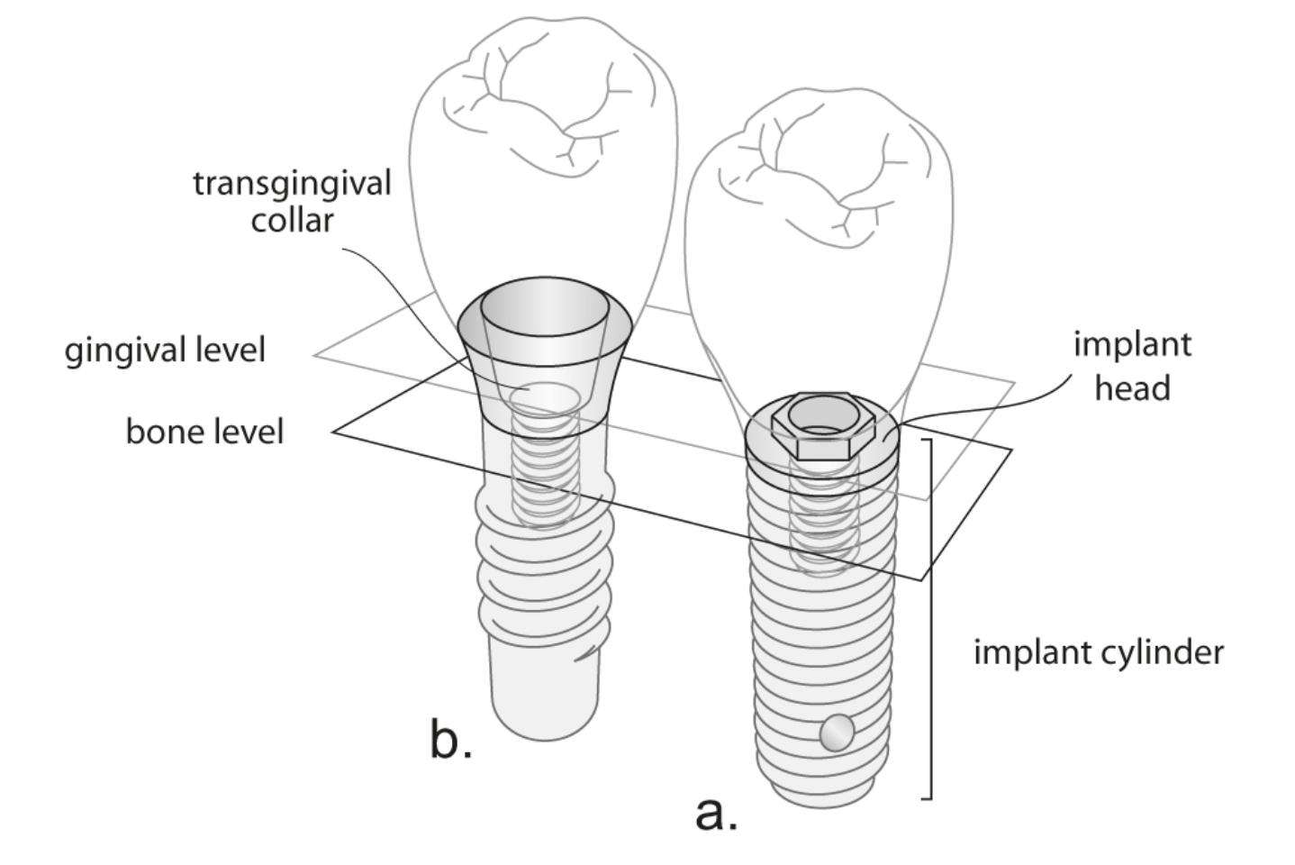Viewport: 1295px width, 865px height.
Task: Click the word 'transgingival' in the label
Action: click(292, 183)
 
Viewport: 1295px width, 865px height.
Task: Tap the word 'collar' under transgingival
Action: click(292, 220)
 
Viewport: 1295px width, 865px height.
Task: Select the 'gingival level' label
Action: click(165, 350)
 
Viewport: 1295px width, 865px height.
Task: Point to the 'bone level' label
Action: click(204, 432)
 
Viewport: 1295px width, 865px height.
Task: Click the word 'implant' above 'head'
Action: click(1132, 344)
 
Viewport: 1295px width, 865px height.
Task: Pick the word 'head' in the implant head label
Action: click(1132, 387)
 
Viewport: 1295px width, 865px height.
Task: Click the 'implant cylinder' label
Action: click(1099, 651)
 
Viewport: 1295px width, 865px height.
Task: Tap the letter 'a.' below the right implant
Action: click(716, 813)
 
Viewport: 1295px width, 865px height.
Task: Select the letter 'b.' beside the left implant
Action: click(450, 741)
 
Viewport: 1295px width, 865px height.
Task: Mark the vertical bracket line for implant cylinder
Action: click(930, 622)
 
